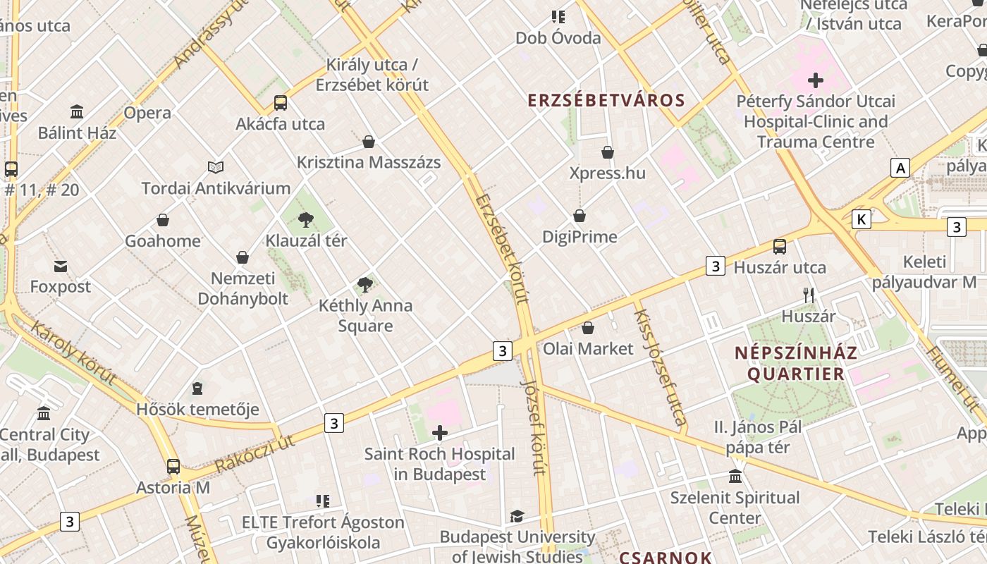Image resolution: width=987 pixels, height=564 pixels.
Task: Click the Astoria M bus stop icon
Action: (173, 467)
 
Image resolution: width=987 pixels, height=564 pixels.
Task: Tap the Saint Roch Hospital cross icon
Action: (440, 433)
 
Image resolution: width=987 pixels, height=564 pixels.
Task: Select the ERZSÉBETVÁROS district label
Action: (606, 100)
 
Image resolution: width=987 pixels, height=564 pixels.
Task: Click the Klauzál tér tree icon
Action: (306, 220)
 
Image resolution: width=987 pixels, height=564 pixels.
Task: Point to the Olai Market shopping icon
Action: (588, 328)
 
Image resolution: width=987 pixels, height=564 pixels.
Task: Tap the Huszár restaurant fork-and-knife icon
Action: (809, 295)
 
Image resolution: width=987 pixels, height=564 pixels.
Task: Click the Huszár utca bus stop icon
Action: (780, 247)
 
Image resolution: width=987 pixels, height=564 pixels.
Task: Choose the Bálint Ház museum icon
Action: (77, 112)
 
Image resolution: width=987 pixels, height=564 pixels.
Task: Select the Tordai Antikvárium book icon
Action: (216, 168)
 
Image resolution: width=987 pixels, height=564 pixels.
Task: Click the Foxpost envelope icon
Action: (61, 266)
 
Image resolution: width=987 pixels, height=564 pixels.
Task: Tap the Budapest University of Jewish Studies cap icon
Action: (517, 517)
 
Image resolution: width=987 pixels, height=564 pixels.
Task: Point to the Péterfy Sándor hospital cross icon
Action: (816, 80)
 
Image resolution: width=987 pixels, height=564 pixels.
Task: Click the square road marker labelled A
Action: (900, 168)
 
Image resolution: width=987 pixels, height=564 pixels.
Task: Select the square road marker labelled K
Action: (861, 219)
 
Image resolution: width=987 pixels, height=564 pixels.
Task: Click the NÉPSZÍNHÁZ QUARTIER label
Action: (796, 363)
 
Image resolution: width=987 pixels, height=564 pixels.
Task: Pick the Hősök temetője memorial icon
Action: (197, 388)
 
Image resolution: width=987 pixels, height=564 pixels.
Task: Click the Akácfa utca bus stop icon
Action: (281, 103)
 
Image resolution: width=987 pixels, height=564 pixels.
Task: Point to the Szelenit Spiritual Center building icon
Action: (735, 477)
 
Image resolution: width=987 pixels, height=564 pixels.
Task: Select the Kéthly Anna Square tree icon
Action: (365, 286)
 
